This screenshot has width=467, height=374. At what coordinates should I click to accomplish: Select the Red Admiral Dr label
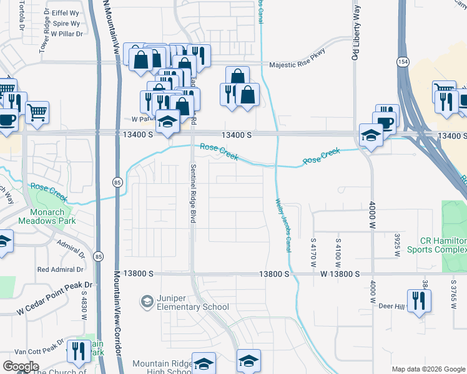click(x=60, y=270)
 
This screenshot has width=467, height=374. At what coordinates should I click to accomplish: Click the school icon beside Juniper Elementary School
click(x=147, y=302)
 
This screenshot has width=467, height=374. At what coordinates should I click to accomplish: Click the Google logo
click(x=21, y=366)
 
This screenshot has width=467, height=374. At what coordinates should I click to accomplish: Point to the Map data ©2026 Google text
click(x=428, y=369)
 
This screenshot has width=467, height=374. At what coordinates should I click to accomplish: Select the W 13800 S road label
click(x=341, y=274)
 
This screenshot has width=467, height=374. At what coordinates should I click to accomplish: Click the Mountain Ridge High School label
click(x=161, y=368)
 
